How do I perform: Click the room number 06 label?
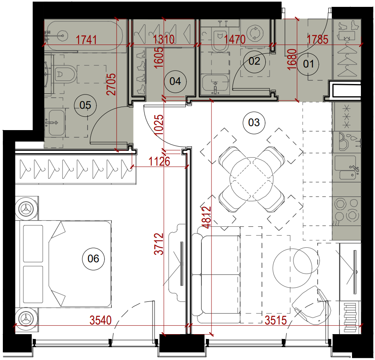pos(93,259)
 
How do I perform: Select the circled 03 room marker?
pos(254,122)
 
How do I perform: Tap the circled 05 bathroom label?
pos(86,105)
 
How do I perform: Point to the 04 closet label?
pos(175,81)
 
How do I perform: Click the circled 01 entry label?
pos(308,64)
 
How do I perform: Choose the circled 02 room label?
pos(254,61)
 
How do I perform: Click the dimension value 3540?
pos(101,320)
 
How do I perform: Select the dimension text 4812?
pos(207,217)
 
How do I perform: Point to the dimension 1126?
pos(159,162)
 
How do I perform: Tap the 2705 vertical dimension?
pos(111,84)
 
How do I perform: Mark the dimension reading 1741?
pos(86,40)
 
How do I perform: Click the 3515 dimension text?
pos(276,320)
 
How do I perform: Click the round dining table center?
pos(251,179)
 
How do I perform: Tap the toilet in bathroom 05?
pos(64,74)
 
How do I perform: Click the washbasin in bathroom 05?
pos(57,122)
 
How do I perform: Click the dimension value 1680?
pos(292,59)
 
